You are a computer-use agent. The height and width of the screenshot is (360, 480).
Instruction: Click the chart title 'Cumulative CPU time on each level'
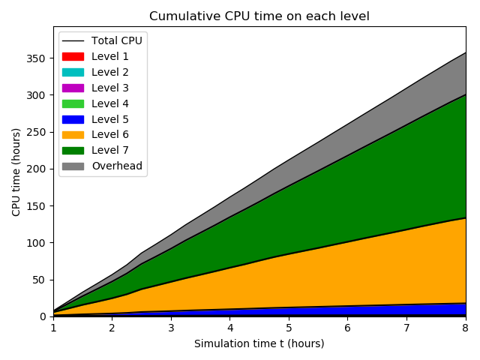tap(259, 16)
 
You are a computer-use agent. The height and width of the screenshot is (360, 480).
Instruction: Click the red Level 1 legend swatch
tap(73, 56)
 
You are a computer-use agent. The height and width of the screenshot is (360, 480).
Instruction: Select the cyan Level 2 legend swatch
tap(73, 72)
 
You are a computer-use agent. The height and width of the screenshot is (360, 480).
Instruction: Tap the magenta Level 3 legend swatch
tap(73, 88)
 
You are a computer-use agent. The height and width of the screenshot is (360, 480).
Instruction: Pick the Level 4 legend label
tap(109, 103)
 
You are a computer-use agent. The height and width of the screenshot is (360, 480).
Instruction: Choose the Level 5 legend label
tap(109, 118)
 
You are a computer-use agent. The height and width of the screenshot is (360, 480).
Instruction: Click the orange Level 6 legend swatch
tap(73, 134)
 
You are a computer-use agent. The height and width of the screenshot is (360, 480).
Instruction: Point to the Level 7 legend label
tap(109, 150)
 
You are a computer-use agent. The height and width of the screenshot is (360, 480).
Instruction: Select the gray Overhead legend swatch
tap(73, 166)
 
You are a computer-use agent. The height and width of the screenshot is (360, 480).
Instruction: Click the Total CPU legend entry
tap(116, 40)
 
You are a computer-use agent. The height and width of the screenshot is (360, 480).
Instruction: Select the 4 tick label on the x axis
tap(229, 328)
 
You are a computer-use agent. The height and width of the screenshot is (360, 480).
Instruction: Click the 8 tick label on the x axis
tap(465, 328)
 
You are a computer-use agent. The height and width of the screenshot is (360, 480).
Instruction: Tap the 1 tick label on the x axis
tap(53, 328)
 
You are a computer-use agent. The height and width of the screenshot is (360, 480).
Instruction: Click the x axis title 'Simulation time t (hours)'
tap(259, 343)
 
